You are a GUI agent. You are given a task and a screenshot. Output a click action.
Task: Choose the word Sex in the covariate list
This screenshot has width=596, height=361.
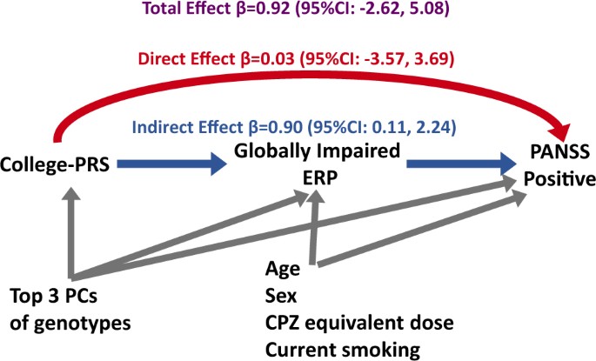point(280,296)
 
